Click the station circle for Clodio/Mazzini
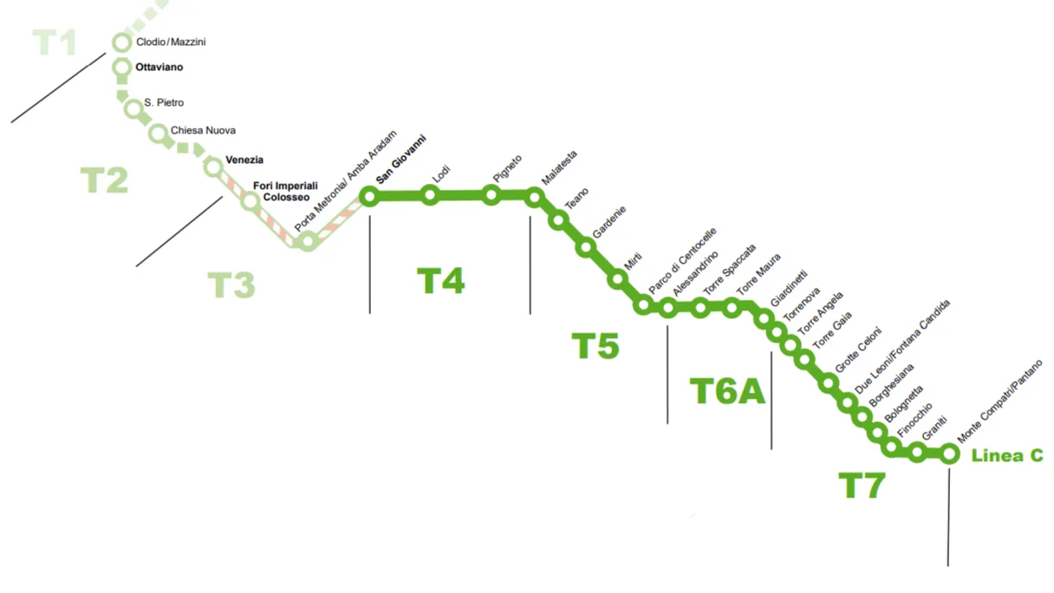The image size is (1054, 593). pyautogui.click(x=121, y=42)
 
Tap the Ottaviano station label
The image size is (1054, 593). pyautogui.click(x=159, y=67)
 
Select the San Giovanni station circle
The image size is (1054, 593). pyautogui.click(x=369, y=197)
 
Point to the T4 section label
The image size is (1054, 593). pyautogui.click(x=441, y=281)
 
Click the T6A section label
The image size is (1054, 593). pyautogui.click(x=727, y=392)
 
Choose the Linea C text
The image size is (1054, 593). pyautogui.click(x=1007, y=456)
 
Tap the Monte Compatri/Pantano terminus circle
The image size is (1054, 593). pyautogui.click(x=949, y=453)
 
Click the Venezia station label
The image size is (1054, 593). pyautogui.click(x=244, y=160)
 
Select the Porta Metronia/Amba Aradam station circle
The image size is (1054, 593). pyautogui.click(x=307, y=242)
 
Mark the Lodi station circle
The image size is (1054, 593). pyautogui.click(x=429, y=196)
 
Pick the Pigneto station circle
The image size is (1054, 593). pyautogui.click(x=491, y=196)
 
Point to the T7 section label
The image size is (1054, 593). pyautogui.click(x=862, y=486)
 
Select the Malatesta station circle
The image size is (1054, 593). pyautogui.click(x=534, y=197)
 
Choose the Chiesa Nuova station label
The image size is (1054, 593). pyautogui.click(x=203, y=131)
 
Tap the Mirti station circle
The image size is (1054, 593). pyautogui.click(x=617, y=279)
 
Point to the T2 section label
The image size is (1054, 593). pyautogui.click(x=104, y=180)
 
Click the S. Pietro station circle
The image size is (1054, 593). pyautogui.click(x=133, y=108)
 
